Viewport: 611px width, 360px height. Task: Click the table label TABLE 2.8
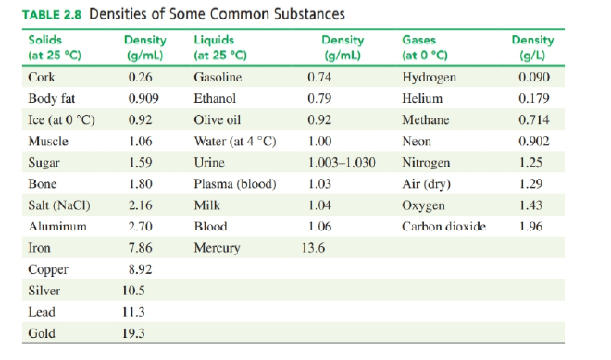point(52,15)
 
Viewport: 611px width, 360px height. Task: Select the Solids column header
point(55,47)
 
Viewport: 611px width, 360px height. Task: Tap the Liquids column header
point(220,47)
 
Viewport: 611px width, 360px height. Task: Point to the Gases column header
point(424,47)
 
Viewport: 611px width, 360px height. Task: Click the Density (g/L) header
point(532,47)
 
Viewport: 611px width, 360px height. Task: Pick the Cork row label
point(42,77)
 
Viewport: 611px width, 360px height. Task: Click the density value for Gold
point(133,333)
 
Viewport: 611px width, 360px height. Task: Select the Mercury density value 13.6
point(313,248)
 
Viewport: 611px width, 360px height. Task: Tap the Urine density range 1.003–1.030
point(342,163)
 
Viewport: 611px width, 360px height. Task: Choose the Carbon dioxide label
point(443,227)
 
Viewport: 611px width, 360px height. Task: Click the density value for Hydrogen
point(534,77)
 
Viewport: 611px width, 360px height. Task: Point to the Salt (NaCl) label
point(59,205)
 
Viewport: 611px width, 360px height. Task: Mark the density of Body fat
point(143,98)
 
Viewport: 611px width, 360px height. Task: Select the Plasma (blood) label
point(235,184)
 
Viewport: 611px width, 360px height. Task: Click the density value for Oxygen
point(530,205)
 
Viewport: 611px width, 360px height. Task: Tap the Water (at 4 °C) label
point(235,141)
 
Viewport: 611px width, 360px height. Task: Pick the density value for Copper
point(141,269)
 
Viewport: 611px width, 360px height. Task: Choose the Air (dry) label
point(426,184)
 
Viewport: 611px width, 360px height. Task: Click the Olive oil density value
point(319,119)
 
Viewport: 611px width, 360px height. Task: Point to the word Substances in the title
point(309,15)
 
